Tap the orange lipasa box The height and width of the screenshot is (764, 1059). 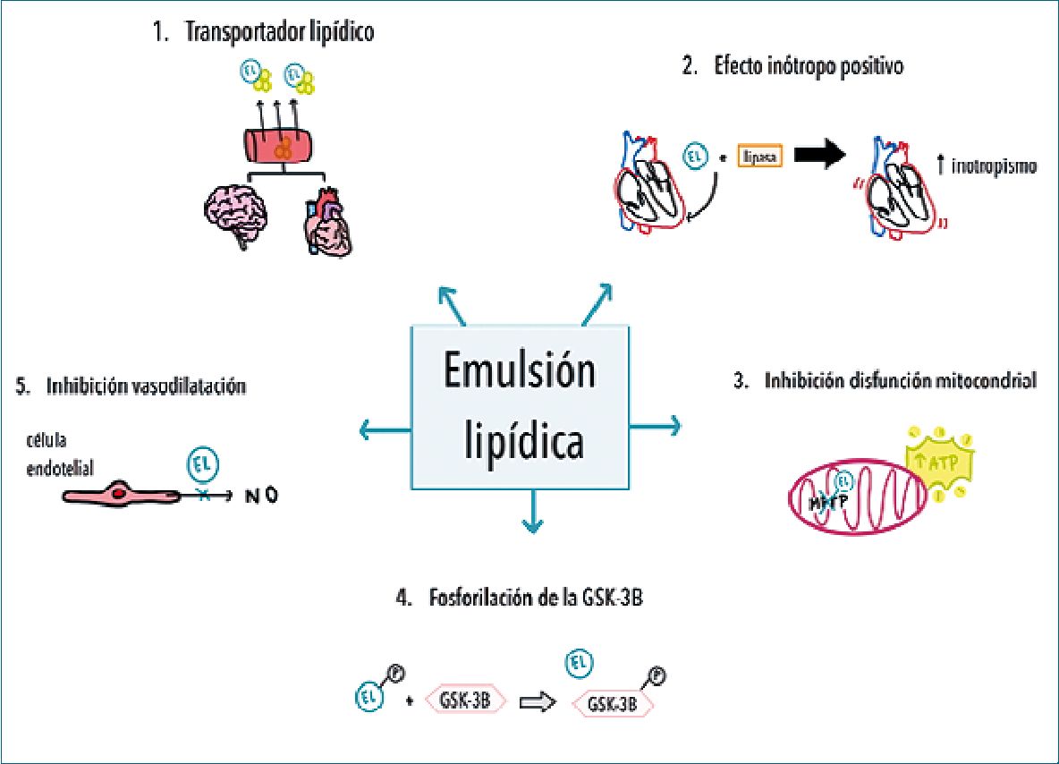(758, 157)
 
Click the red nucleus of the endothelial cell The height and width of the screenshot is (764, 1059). (119, 492)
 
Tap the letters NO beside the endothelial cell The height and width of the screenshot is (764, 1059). (261, 494)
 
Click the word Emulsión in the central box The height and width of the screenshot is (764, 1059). (521, 370)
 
